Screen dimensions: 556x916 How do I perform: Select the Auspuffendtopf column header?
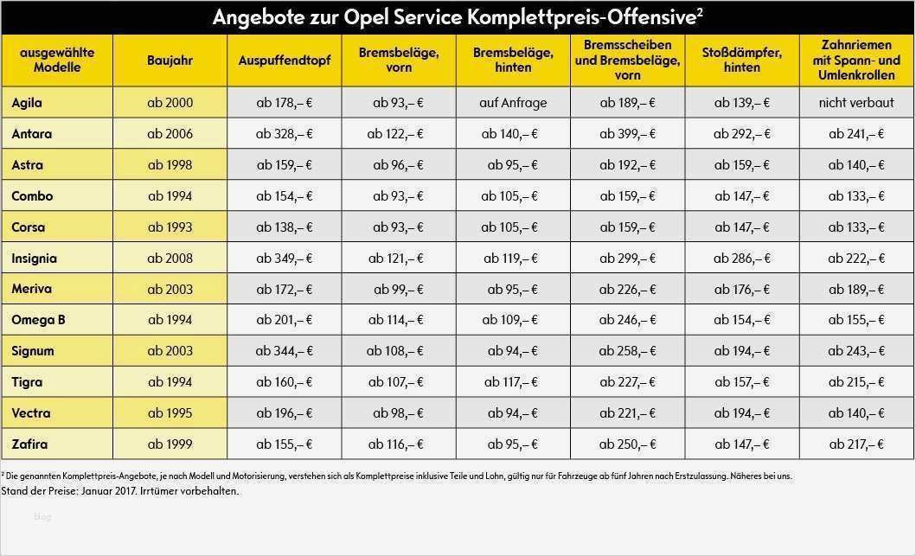point(285,61)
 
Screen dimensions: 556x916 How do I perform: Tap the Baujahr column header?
point(170,61)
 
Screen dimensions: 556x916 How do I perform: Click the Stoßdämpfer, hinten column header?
point(741,61)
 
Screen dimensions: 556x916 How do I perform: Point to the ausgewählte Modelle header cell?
point(57,61)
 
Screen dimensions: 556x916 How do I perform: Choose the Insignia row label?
point(35,258)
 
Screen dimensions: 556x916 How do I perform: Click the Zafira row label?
point(29,444)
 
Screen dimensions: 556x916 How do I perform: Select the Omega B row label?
point(38,320)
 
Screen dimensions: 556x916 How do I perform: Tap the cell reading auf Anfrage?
point(513,103)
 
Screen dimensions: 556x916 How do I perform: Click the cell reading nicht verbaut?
point(856,103)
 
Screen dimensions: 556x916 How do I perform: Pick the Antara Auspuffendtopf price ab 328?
point(285,134)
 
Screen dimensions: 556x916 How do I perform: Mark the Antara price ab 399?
point(627,134)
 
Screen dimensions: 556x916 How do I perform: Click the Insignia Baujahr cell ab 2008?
point(170,258)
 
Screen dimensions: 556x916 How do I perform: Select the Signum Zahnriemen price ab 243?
point(856,351)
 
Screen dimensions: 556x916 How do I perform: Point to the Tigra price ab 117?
point(513,382)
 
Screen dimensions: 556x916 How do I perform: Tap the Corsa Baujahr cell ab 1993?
point(170,227)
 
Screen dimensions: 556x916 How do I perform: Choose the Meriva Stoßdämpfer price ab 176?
point(741,289)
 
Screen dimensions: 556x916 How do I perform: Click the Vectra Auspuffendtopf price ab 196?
point(285,413)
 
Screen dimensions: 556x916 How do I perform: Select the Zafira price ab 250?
point(627,444)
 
